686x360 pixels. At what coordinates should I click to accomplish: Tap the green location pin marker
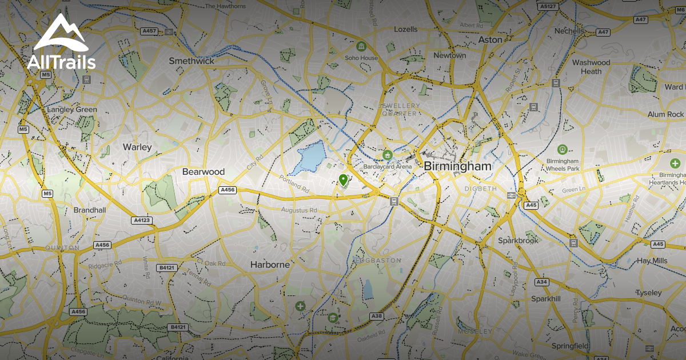[x=343, y=181]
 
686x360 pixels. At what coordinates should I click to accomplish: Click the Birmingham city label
[x=457, y=166]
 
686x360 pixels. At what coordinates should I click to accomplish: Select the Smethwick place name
[x=192, y=61]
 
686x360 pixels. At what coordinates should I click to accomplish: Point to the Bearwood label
[x=203, y=171]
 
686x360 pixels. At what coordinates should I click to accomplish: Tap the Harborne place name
[x=270, y=265]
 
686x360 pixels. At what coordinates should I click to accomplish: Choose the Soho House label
[x=361, y=58]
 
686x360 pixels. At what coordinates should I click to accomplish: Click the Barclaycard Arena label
[x=387, y=167]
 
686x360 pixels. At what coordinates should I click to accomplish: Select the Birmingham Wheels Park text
[x=563, y=165]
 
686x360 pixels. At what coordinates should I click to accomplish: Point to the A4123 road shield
[x=142, y=220]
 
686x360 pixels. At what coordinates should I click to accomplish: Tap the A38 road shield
[x=376, y=316]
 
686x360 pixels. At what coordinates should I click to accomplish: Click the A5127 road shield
[x=548, y=6]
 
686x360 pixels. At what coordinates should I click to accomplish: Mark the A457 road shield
[x=149, y=31]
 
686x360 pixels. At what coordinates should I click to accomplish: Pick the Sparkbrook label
[x=518, y=241]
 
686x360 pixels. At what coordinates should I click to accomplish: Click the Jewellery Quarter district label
[x=398, y=110]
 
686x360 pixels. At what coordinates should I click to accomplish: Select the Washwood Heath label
[x=591, y=67]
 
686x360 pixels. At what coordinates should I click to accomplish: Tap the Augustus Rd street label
[x=298, y=210]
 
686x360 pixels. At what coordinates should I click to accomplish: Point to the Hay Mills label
[x=652, y=261]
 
